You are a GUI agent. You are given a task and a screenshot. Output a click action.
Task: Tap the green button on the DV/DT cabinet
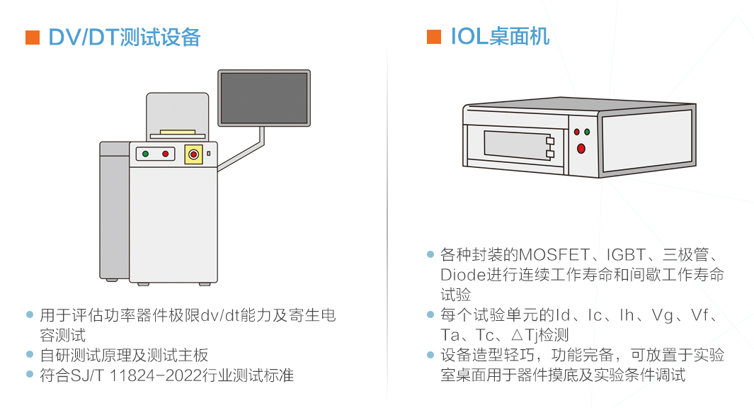[145, 154]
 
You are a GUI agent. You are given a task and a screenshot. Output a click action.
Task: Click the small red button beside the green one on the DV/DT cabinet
[166, 154]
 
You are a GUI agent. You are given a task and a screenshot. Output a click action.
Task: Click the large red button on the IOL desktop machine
[581, 148]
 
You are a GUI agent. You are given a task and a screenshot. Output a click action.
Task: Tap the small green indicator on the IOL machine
[587, 132]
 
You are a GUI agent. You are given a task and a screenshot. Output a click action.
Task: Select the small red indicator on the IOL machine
[576, 132]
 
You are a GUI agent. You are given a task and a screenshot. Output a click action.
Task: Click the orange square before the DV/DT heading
[32, 38]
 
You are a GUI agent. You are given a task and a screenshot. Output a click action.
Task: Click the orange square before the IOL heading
[434, 38]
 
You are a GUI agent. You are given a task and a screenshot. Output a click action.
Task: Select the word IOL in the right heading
[469, 37]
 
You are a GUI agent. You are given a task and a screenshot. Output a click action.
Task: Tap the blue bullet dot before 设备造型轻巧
[430, 355]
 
